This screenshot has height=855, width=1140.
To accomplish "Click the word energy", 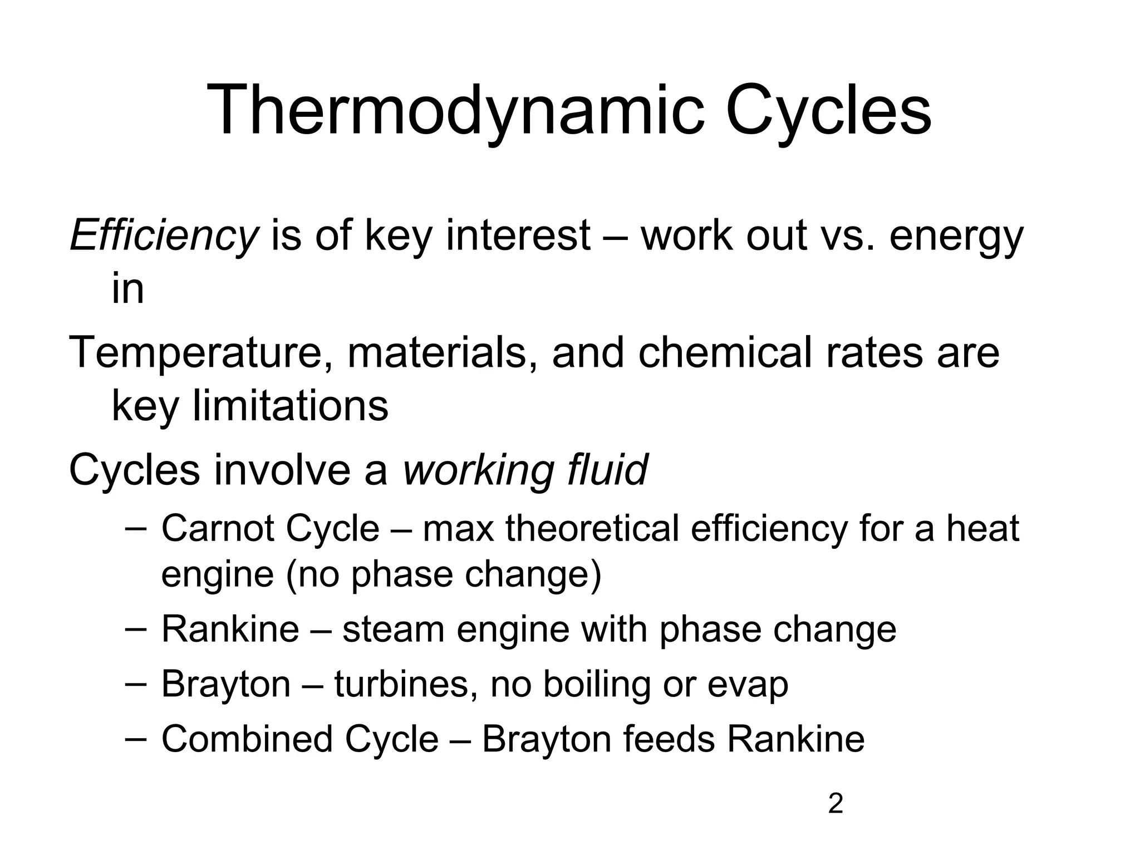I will tap(956, 235).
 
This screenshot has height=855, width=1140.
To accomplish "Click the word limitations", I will tap(290, 406).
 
